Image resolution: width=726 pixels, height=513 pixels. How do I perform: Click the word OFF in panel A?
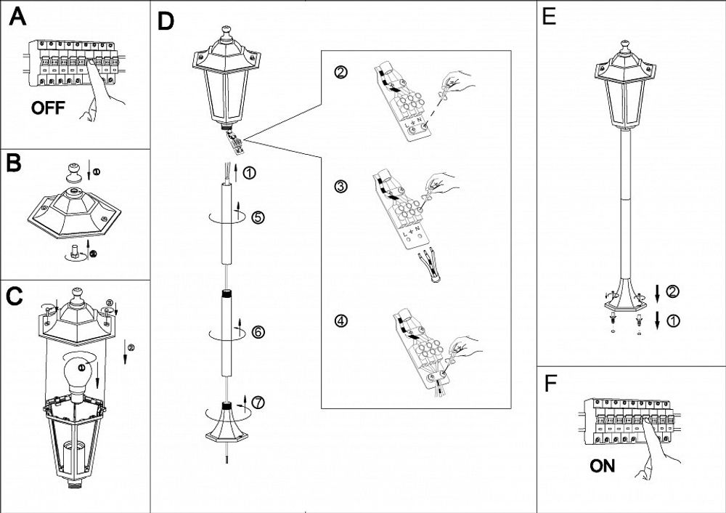48,109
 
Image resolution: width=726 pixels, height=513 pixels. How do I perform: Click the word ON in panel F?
603,466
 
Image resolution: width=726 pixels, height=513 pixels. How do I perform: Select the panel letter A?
17,18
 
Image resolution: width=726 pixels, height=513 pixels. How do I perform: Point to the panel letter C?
15,296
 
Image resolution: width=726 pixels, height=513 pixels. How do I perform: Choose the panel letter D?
166,21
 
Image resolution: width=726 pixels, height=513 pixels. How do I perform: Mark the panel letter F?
550,384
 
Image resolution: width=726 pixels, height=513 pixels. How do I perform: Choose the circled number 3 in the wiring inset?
340,187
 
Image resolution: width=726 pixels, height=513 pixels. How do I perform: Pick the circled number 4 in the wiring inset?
340,321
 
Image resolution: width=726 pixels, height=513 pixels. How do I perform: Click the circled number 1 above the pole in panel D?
249,174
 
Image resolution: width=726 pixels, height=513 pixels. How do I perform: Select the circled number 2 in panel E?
672,292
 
